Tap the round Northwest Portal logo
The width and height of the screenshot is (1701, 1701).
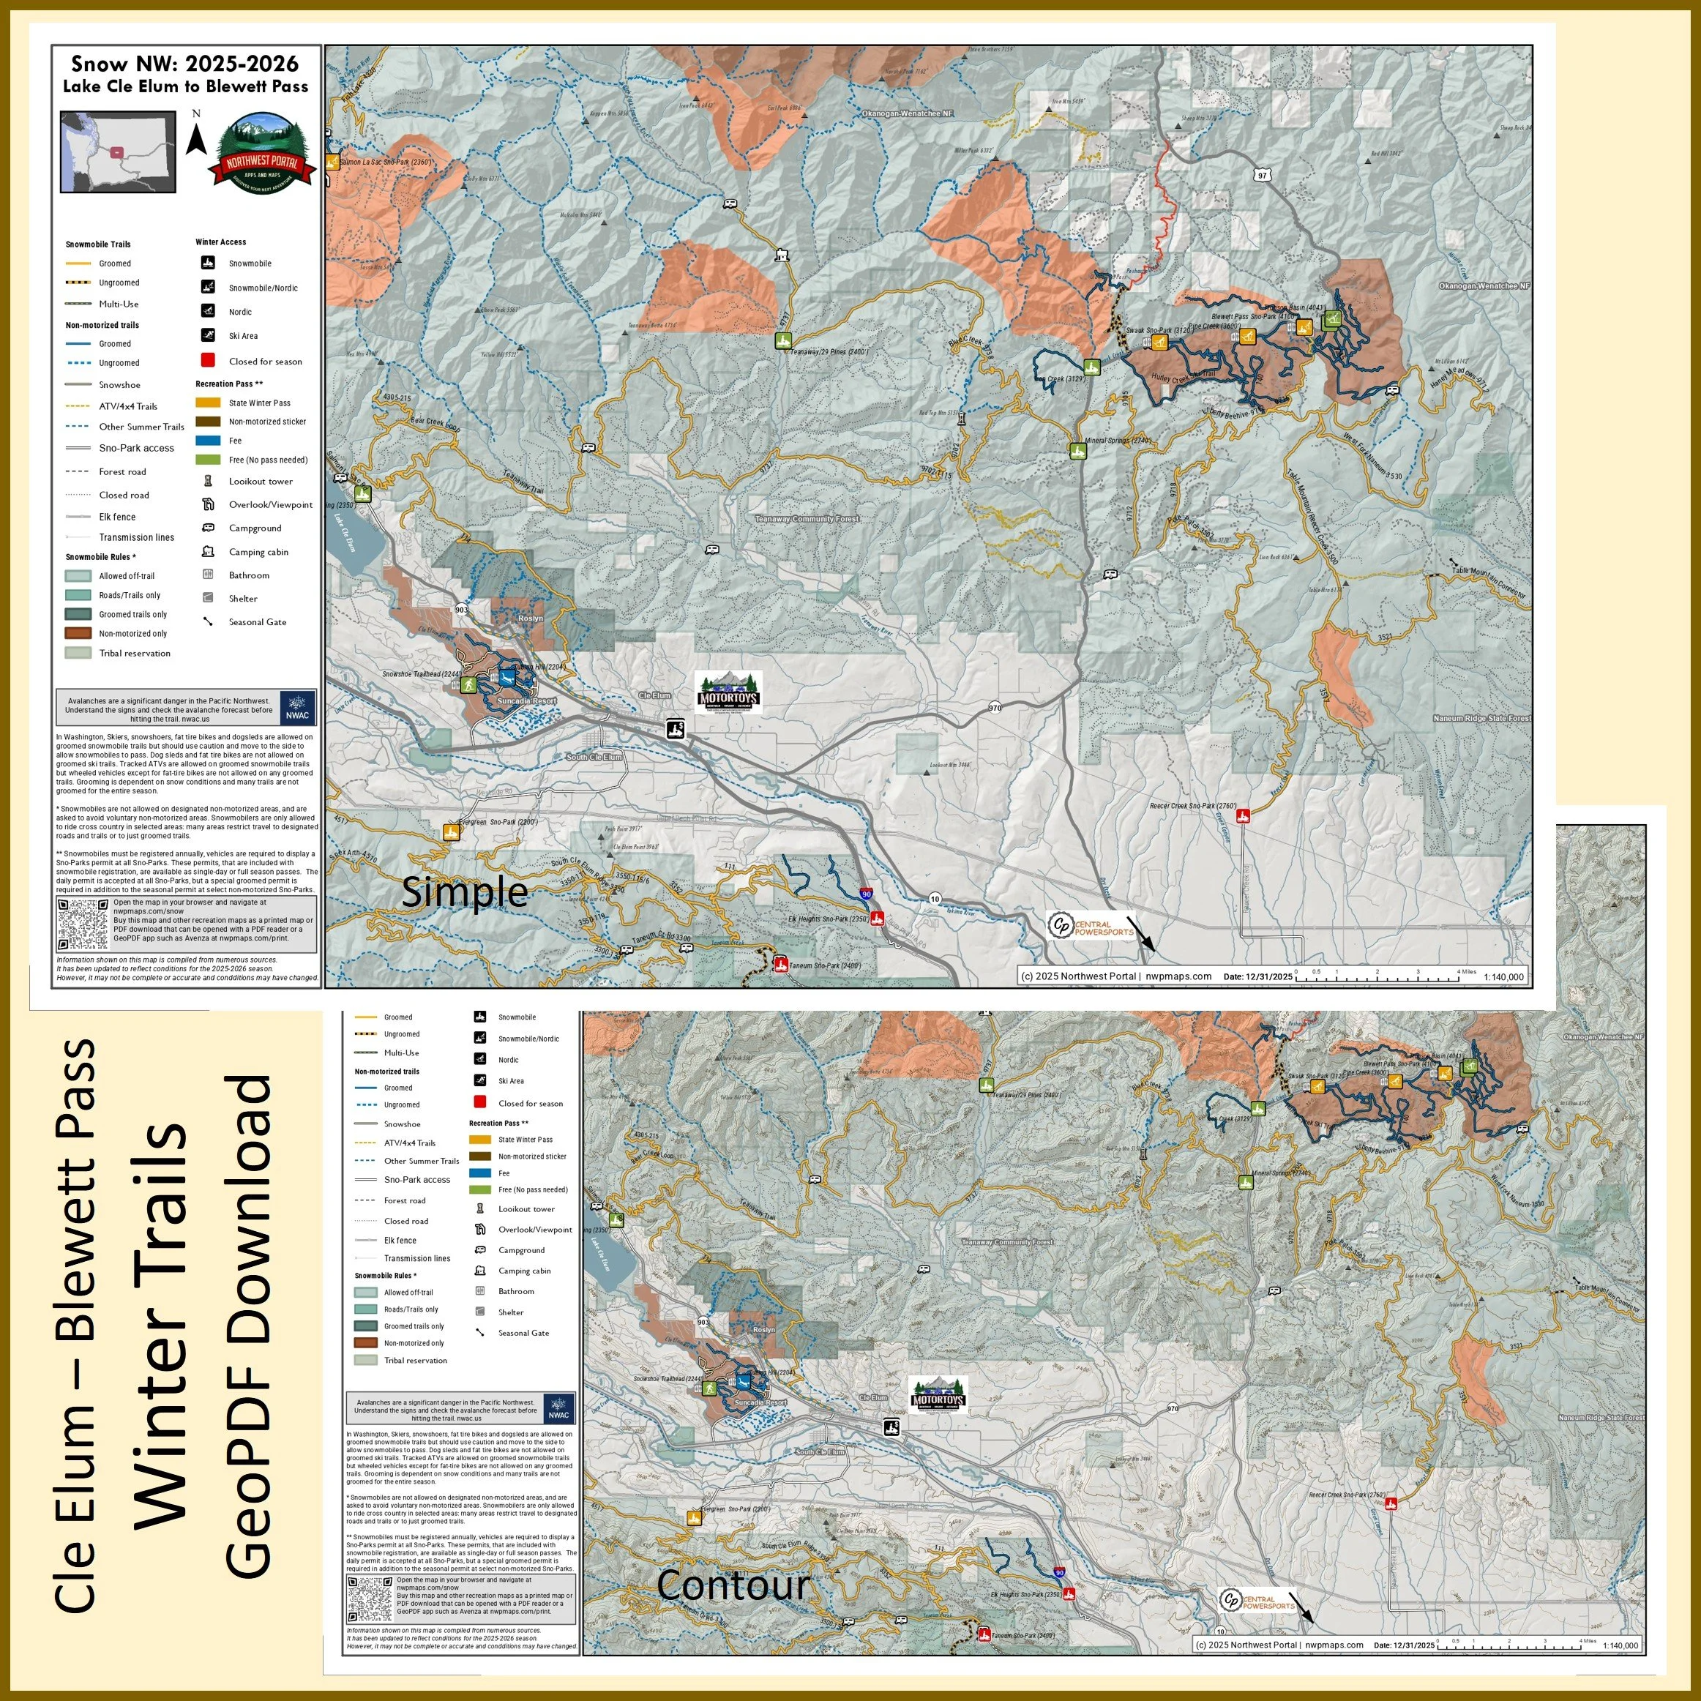(261, 155)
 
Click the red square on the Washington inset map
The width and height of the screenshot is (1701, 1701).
(116, 151)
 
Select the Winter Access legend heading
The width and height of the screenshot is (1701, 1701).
(221, 242)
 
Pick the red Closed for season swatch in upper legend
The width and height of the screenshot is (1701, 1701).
(208, 360)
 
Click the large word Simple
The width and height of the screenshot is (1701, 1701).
(464, 892)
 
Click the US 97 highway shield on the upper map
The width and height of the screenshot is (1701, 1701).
(1263, 176)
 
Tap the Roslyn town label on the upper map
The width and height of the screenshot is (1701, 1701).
(531, 618)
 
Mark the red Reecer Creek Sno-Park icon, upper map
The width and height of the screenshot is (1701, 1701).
(1243, 817)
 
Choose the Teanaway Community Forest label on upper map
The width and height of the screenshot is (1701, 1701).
(806, 520)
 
